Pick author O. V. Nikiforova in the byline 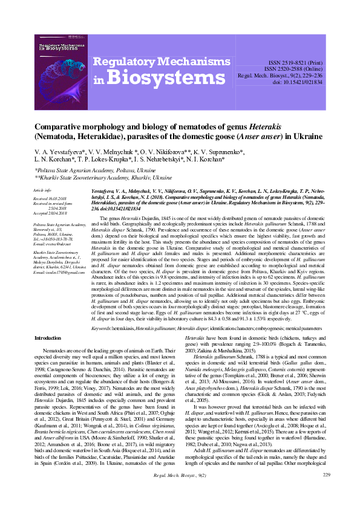(177, 149)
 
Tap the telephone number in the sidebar (58, 238)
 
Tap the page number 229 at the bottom (326, 493)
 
